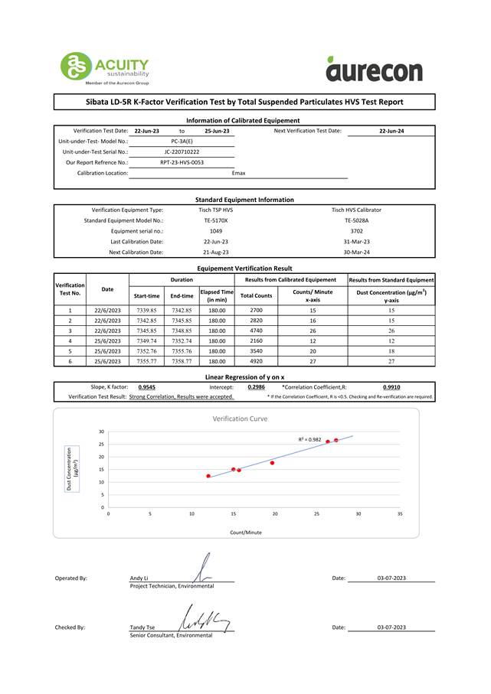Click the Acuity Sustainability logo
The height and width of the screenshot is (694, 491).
(x=105, y=68)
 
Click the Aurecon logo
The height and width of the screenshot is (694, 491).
(x=374, y=69)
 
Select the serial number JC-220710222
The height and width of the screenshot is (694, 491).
(x=182, y=152)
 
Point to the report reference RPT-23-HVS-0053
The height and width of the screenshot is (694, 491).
(x=182, y=162)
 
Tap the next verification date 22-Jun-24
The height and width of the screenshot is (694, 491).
(x=391, y=131)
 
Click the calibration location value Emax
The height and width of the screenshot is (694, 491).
(x=239, y=173)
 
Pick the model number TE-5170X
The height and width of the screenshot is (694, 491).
(x=216, y=220)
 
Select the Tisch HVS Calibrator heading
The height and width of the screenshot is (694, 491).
(x=356, y=210)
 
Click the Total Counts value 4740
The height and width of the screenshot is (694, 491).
(x=256, y=331)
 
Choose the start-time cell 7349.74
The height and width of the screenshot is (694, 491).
(x=147, y=340)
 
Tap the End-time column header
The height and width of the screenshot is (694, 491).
(x=182, y=295)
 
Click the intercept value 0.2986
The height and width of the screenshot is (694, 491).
(x=257, y=387)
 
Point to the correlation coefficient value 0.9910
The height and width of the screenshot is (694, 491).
(x=391, y=387)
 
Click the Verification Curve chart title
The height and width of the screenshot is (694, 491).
(x=240, y=419)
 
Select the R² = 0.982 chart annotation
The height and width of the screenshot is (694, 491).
(x=309, y=439)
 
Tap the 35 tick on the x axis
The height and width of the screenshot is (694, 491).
(x=400, y=514)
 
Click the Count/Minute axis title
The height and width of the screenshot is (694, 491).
(x=246, y=532)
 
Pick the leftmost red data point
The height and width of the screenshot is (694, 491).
(x=208, y=476)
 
